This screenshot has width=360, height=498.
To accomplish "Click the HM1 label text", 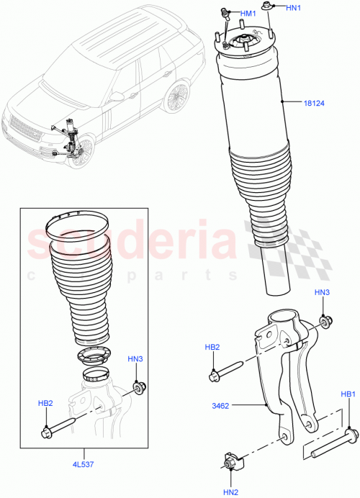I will (248, 14).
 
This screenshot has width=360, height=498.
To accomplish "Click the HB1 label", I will (348, 394).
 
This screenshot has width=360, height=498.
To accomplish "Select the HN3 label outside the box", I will (322, 293).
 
